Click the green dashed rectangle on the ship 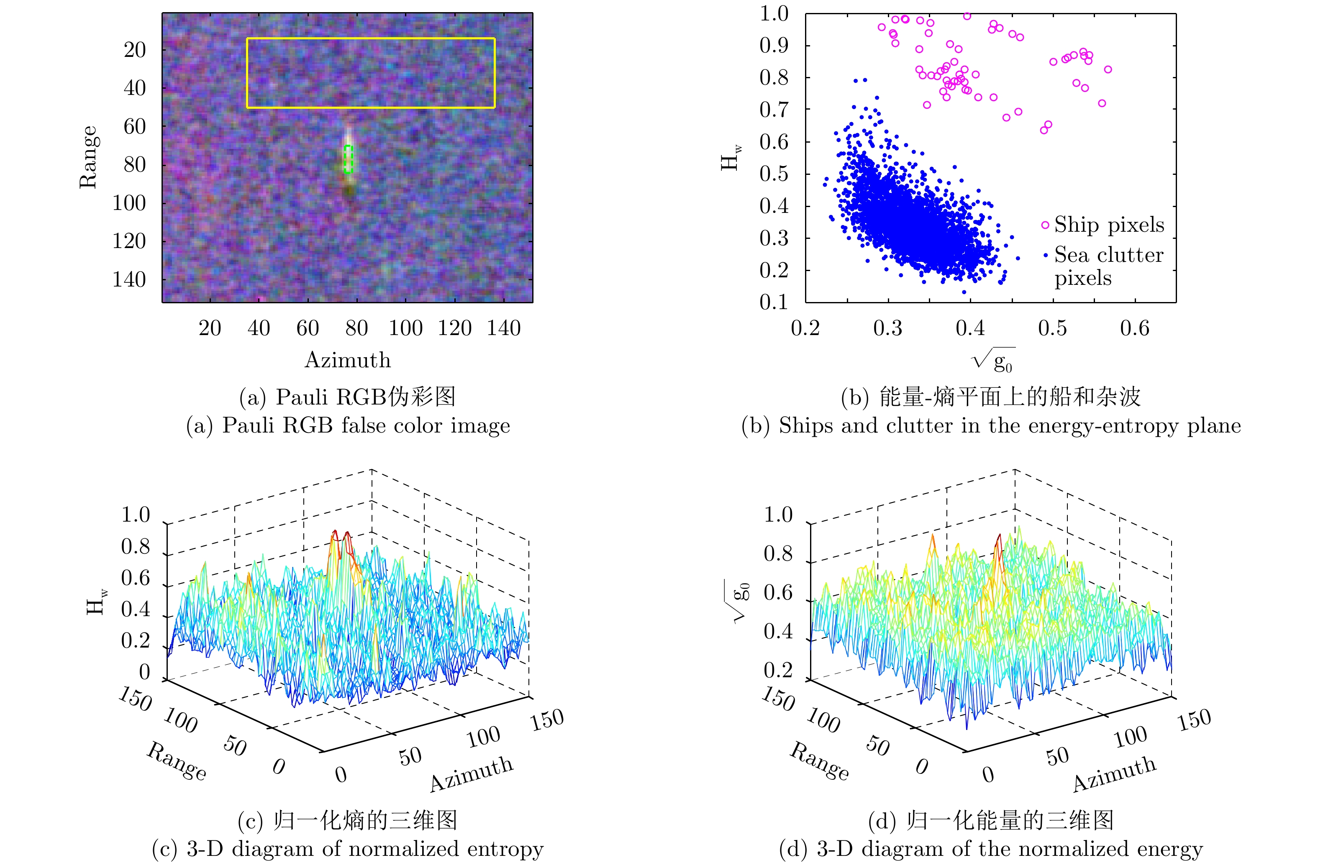click(348, 159)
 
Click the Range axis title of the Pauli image click(89, 157)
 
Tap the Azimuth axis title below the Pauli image click(348, 360)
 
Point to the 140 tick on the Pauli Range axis click(129, 279)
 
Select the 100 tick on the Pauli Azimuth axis click(405, 328)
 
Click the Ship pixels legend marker click(1045, 225)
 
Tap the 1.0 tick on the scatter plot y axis click(774, 14)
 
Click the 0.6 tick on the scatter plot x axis click(1135, 328)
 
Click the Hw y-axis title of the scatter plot click(731, 158)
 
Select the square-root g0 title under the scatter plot click(994, 360)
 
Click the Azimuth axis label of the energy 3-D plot click(1114, 774)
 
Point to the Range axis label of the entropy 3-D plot click(177, 761)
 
